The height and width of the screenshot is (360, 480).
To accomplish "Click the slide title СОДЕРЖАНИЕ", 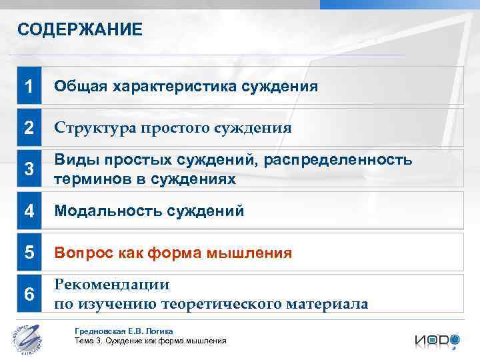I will point(79,30).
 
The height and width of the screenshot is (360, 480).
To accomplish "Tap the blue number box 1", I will point(29,87).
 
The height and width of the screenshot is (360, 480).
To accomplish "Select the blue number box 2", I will point(29,127).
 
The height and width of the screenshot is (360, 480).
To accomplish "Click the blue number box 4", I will point(29,211).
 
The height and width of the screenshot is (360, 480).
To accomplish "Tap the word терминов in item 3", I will point(85,179).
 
